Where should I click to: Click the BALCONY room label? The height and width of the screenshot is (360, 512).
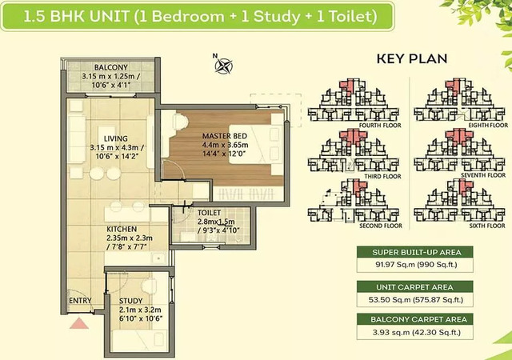pos(110,67)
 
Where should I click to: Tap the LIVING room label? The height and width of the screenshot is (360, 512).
pos(115,138)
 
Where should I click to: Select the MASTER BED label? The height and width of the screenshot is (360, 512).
pos(225,136)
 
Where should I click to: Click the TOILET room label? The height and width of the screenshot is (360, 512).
pos(210,213)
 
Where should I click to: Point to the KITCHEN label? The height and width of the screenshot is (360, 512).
pos(122,229)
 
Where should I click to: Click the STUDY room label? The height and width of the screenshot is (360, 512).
pos(130,301)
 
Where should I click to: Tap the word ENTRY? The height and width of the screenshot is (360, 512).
pos(80,301)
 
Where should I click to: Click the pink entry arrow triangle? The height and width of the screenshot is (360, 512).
pos(79,323)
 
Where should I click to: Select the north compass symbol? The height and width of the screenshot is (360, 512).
pos(223,65)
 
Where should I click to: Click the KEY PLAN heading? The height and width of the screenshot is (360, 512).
pos(412,59)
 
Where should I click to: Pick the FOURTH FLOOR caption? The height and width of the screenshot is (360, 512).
pos(380,126)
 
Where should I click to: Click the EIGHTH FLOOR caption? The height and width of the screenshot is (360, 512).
pos(488,125)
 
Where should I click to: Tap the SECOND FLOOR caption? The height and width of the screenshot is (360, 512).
pos(381,226)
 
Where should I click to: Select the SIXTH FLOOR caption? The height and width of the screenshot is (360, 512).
pos(487,226)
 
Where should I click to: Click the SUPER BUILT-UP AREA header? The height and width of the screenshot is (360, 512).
pos(417,253)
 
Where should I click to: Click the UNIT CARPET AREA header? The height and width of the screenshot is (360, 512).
pos(414,287)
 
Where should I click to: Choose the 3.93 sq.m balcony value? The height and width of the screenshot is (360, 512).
pos(391,333)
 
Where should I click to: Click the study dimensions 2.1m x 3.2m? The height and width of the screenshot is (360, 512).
pos(140,310)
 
